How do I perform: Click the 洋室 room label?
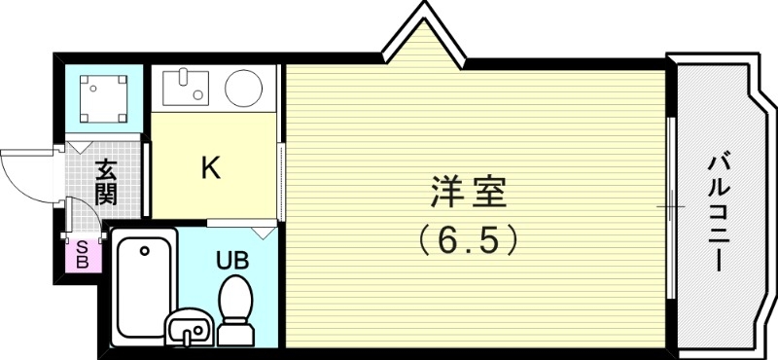coord(468,193)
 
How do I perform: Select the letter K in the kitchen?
coord(210,168)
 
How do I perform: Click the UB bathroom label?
coord(230,260)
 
